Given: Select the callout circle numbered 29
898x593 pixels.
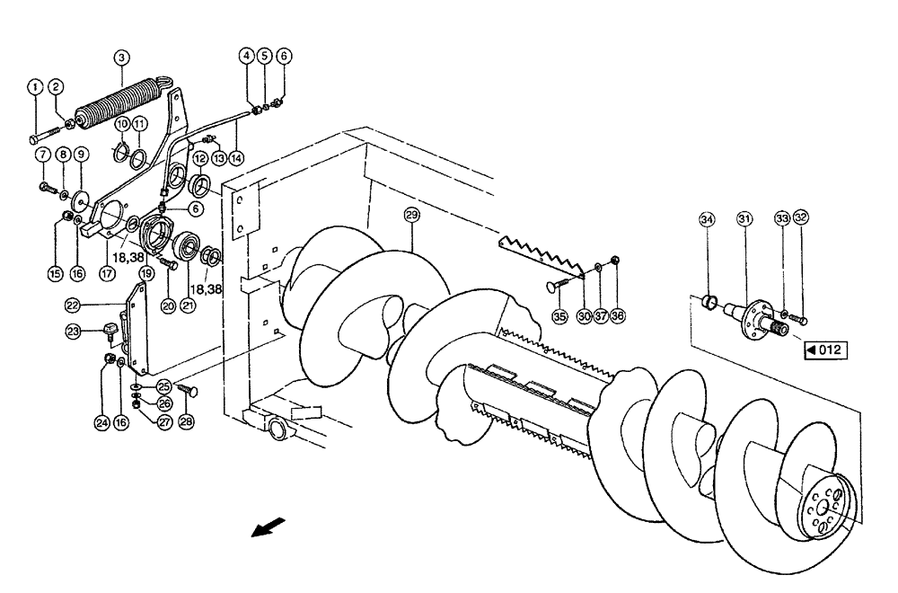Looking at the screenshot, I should (x=411, y=216).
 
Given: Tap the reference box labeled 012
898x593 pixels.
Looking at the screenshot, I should (x=825, y=350).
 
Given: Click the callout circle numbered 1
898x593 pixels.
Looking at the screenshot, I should (x=34, y=86).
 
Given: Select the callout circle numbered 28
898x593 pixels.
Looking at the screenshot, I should (x=187, y=419).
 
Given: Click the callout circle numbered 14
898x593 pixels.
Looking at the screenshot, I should (x=236, y=155).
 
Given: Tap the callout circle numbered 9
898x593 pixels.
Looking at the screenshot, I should (x=80, y=154).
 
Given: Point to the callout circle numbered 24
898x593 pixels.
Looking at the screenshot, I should (x=104, y=419).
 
